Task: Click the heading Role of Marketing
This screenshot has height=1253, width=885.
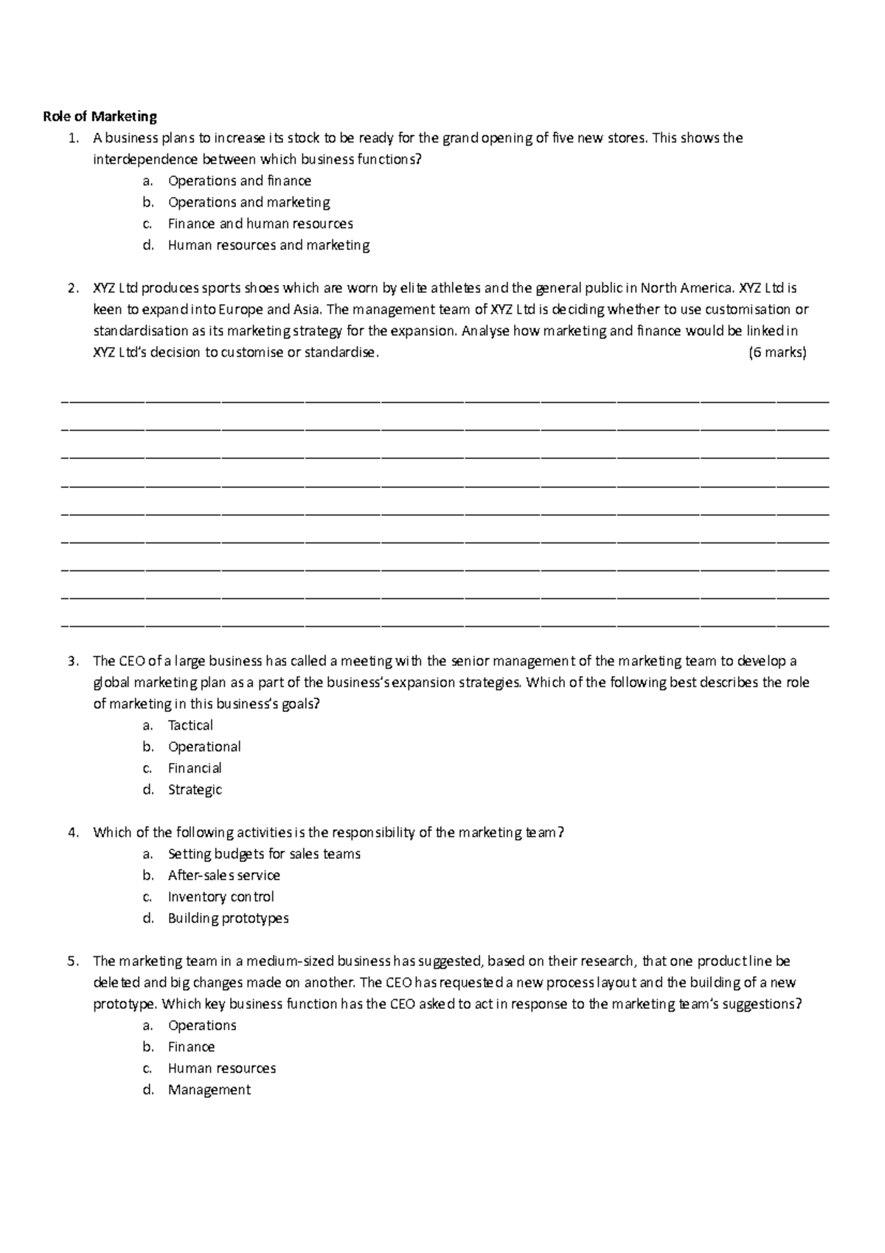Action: (100, 117)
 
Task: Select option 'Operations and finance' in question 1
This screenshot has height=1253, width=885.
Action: (239, 181)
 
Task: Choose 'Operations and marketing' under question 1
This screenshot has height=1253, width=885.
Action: (249, 202)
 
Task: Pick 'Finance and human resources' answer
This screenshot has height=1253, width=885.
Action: (260, 224)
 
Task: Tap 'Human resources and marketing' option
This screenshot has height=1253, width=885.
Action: (268, 245)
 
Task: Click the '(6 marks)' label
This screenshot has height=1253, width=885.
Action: (777, 353)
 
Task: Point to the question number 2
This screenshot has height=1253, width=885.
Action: (72, 289)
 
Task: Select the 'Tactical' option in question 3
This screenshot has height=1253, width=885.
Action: (190, 725)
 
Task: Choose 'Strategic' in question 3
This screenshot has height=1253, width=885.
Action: (195, 790)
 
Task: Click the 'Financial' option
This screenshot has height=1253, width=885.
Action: (195, 768)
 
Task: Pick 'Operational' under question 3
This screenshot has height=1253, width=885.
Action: (204, 747)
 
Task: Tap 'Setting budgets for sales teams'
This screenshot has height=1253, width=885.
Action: (264, 854)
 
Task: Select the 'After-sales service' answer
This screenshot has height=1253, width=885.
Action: (223, 875)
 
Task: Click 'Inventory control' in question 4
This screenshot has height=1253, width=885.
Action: (221, 897)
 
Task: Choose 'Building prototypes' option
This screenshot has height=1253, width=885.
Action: (228, 918)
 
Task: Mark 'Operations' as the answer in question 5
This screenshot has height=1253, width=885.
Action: (201, 1025)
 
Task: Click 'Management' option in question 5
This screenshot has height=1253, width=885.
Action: (209, 1090)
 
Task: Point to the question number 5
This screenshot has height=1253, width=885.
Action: (72, 962)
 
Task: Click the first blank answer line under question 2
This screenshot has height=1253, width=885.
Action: (445, 401)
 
